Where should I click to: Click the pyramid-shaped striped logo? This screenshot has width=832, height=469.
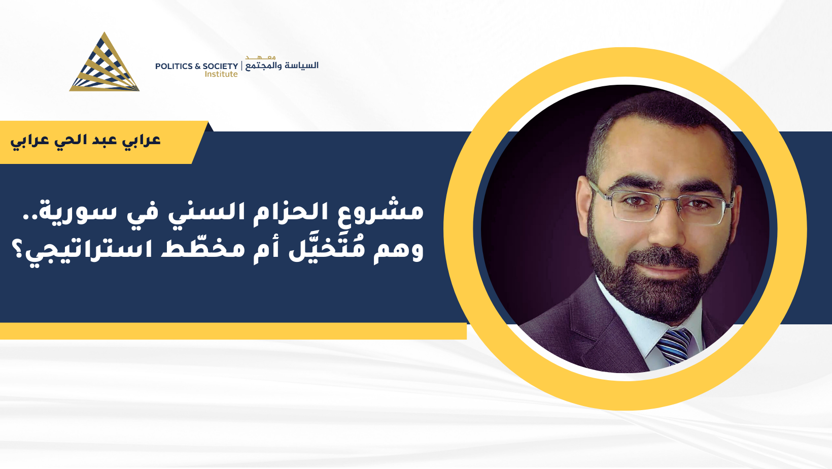click(104, 63)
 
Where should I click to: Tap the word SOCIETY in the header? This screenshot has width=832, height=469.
click(220, 66)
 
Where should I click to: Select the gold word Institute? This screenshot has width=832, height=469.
click(221, 74)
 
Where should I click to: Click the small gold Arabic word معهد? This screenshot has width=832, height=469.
click(260, 57)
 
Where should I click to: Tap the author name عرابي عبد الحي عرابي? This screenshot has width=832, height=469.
click(85, 141)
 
